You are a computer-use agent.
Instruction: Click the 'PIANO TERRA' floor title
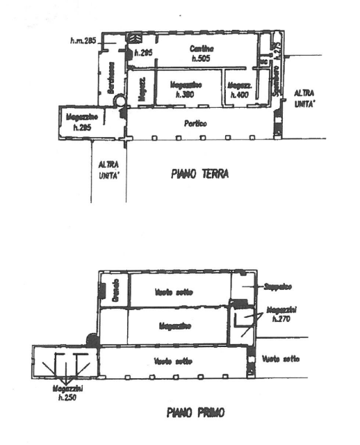[x=200, y=175]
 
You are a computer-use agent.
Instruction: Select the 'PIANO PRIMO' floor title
[x=195, y=412]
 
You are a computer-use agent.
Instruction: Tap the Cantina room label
[x=202, y=49]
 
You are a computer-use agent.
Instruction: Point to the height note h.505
[x=202, y=59]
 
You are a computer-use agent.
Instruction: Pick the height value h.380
[x=184, y=94]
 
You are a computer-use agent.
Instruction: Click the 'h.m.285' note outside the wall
[x=82, y=42]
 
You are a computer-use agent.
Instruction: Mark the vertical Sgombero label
[x=276, y=80]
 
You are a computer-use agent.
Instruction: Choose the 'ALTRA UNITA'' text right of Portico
[x=304, y=98]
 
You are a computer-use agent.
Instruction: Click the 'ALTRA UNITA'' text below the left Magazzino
[x=108, y=170]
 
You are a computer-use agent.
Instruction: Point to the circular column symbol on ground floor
[x=121, y=101]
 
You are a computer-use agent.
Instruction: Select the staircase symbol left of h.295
[x=136, y=40]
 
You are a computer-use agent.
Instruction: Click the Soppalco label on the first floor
[x=277, y=286]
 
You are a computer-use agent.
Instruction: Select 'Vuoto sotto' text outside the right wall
[x=281, y=359]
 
